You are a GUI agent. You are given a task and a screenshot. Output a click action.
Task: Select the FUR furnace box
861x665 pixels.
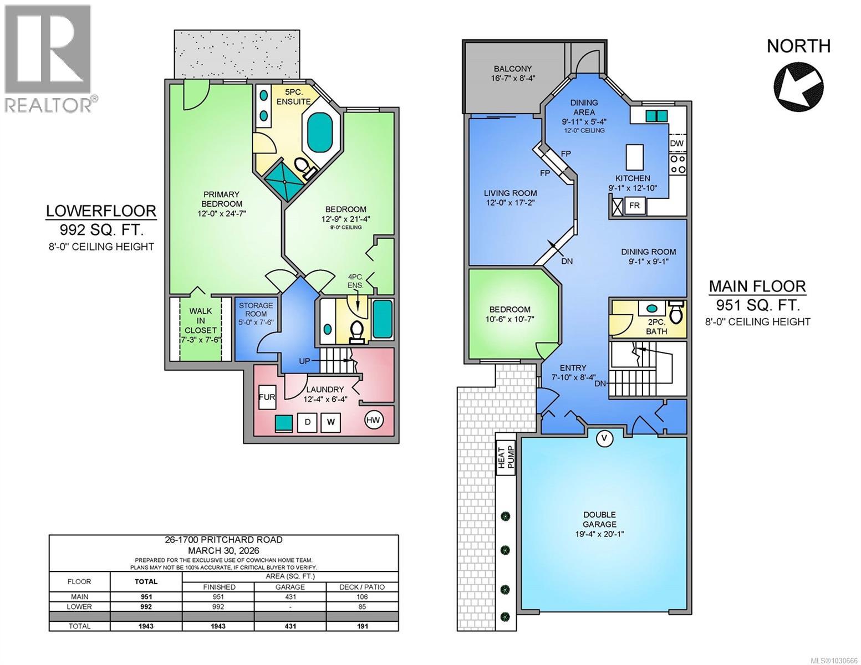coord(267,397)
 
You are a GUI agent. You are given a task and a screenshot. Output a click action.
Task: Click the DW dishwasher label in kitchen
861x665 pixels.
coord(677,144)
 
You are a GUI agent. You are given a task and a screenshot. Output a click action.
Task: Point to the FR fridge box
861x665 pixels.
coord(635,206)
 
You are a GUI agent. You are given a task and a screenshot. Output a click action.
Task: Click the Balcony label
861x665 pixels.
coord(513,73)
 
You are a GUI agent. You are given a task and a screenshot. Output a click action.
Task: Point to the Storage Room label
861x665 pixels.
coord(256,314)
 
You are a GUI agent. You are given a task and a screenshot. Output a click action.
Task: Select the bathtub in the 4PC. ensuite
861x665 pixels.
coord(382,319)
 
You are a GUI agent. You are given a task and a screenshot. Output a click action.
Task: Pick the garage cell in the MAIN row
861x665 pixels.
coord(290,597)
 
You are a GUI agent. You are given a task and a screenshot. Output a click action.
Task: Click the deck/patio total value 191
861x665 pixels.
coord(362,626)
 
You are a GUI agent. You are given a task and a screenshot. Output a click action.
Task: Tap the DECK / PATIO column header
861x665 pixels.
coord(362,587)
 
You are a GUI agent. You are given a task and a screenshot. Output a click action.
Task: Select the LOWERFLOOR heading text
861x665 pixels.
coord(101,211)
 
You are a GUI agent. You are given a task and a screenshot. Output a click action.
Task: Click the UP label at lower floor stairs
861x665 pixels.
coord(304,361)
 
